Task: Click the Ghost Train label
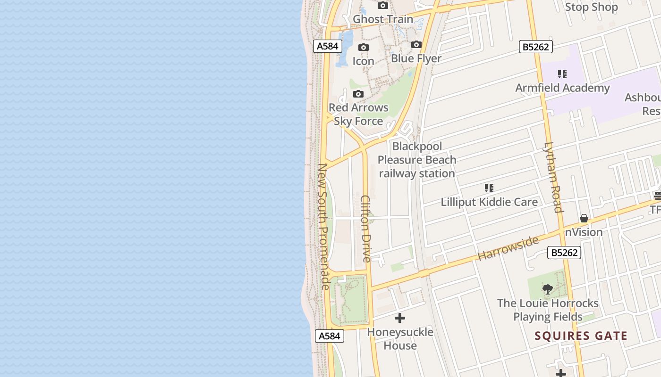[383, 19]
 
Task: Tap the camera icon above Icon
[363, 47]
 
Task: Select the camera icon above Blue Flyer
[416, 44]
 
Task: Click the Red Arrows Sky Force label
[358, 115]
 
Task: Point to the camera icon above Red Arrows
[358, 94]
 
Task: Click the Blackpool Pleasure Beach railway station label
[417, 160]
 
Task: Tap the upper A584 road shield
[327, 46]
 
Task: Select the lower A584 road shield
[329, 336]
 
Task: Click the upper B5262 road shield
[536, 47]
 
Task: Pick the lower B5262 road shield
[564, 253]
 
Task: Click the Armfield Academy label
[562, 88]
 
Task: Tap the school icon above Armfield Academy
[562, 74]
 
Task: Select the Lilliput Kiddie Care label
[489, 202]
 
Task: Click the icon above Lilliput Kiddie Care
[489, 188]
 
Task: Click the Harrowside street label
[508, 248]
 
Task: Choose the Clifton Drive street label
[366, 229]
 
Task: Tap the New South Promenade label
[323, 226]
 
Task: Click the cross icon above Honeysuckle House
[400, 318]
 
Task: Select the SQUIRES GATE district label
[581, 336]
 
